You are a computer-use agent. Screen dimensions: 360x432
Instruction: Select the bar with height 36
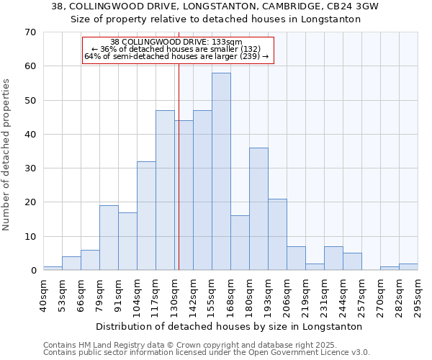258,209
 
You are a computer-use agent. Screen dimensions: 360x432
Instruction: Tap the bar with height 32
146,215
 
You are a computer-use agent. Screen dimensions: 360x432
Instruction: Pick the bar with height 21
277,234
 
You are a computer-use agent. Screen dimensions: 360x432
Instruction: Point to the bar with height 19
109,238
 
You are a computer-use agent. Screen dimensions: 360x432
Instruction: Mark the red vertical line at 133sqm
179,166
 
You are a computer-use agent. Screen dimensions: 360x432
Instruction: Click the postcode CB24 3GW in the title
349,6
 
